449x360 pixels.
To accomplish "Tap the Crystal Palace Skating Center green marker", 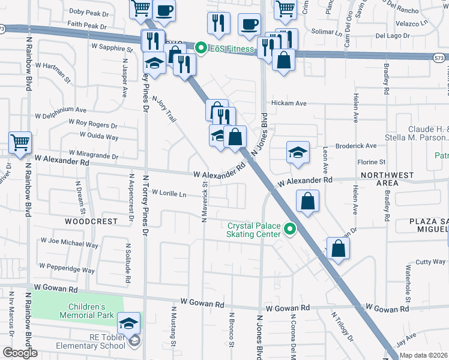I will click(x=291, y=229).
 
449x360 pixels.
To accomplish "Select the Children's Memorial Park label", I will click(x=87, y=310).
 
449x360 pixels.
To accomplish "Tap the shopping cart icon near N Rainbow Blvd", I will click(x=20, y=143).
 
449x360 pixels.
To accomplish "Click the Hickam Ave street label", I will click(x=289, y=103).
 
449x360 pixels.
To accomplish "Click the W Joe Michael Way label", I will click(x=69, y=242).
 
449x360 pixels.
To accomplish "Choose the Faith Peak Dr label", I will click(x=87, y=26).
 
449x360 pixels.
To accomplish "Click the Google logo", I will click(x=20, y=353).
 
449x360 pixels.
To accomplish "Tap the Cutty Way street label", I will click(x=430, y=262).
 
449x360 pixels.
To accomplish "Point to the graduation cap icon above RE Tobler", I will click(x=129, y=323).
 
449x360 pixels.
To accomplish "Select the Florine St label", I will click(x=372, y=162).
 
